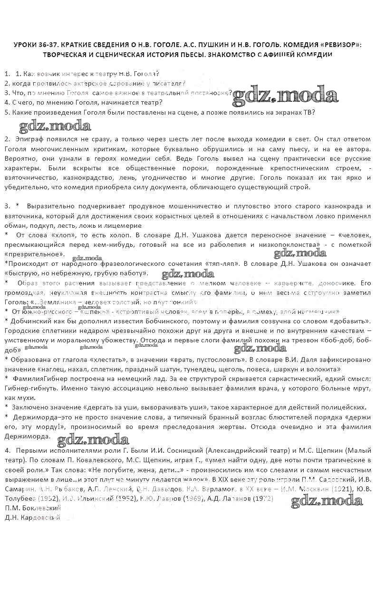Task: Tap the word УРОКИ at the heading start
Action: pyautogui.click(x=28, y=45)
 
